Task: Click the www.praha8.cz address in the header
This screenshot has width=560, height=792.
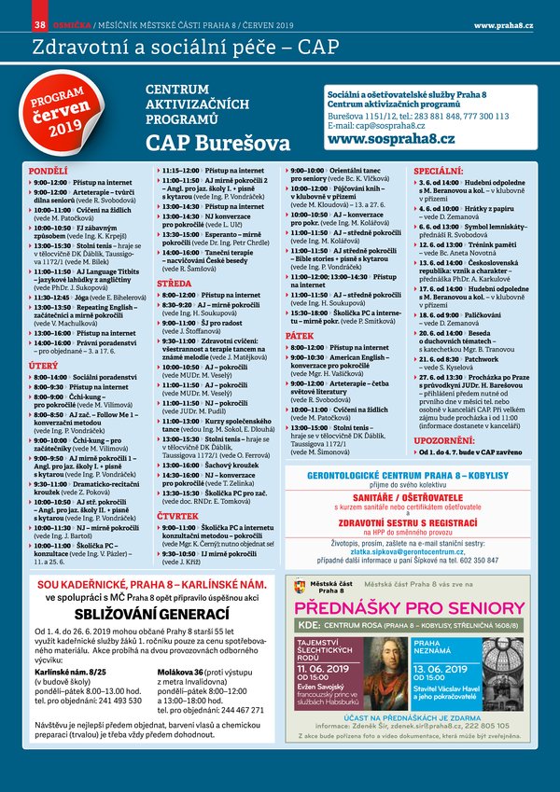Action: (503, 22)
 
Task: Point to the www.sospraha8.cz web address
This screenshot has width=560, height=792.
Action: (391, 139)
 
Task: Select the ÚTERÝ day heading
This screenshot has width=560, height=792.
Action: (44, 367)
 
